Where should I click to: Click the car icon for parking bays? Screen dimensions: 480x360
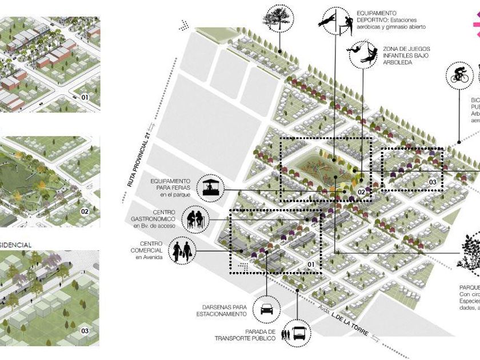(266, 310)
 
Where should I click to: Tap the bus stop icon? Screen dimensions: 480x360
(298, 332)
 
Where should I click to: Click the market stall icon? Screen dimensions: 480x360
(209, 187)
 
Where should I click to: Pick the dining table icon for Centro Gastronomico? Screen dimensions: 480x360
(194, 218)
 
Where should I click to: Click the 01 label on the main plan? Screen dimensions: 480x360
(311, 265)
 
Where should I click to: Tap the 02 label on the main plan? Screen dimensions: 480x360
(361, 192)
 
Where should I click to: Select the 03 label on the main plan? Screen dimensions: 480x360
(431, 182)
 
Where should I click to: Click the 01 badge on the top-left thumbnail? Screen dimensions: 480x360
(85, 98)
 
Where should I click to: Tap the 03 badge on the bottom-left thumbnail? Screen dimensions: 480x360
(85, 330)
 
